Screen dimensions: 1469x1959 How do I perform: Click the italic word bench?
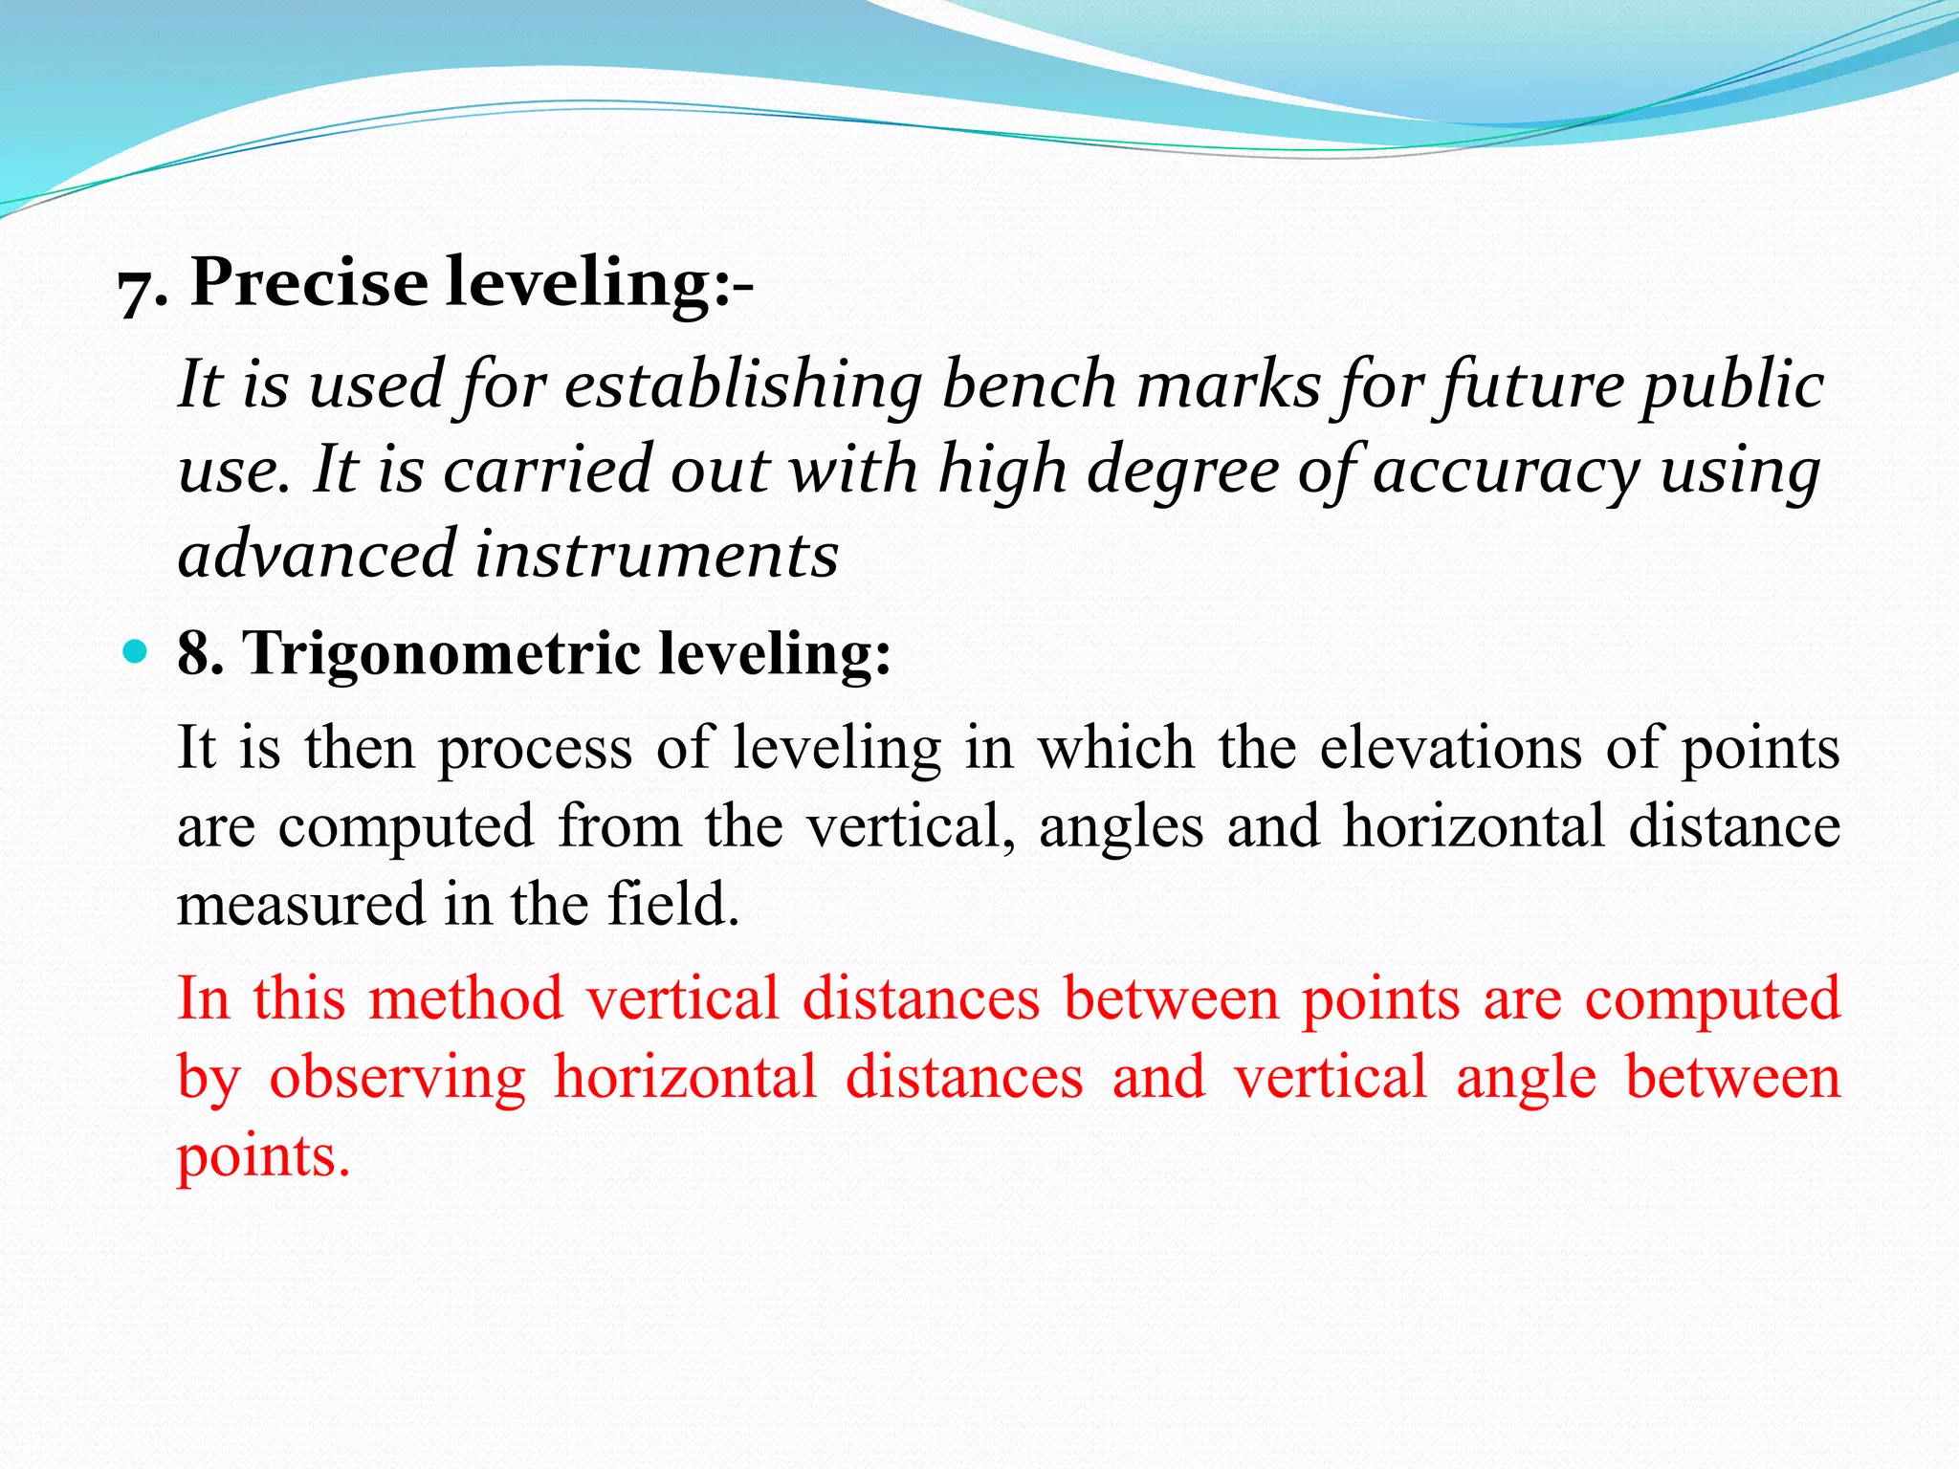[x=1028, y=384]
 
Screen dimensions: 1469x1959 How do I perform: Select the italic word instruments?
[x=656, y=555]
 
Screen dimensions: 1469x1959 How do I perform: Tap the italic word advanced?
[x=317, y=555]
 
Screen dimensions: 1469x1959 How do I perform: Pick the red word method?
[x=466, y=998]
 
